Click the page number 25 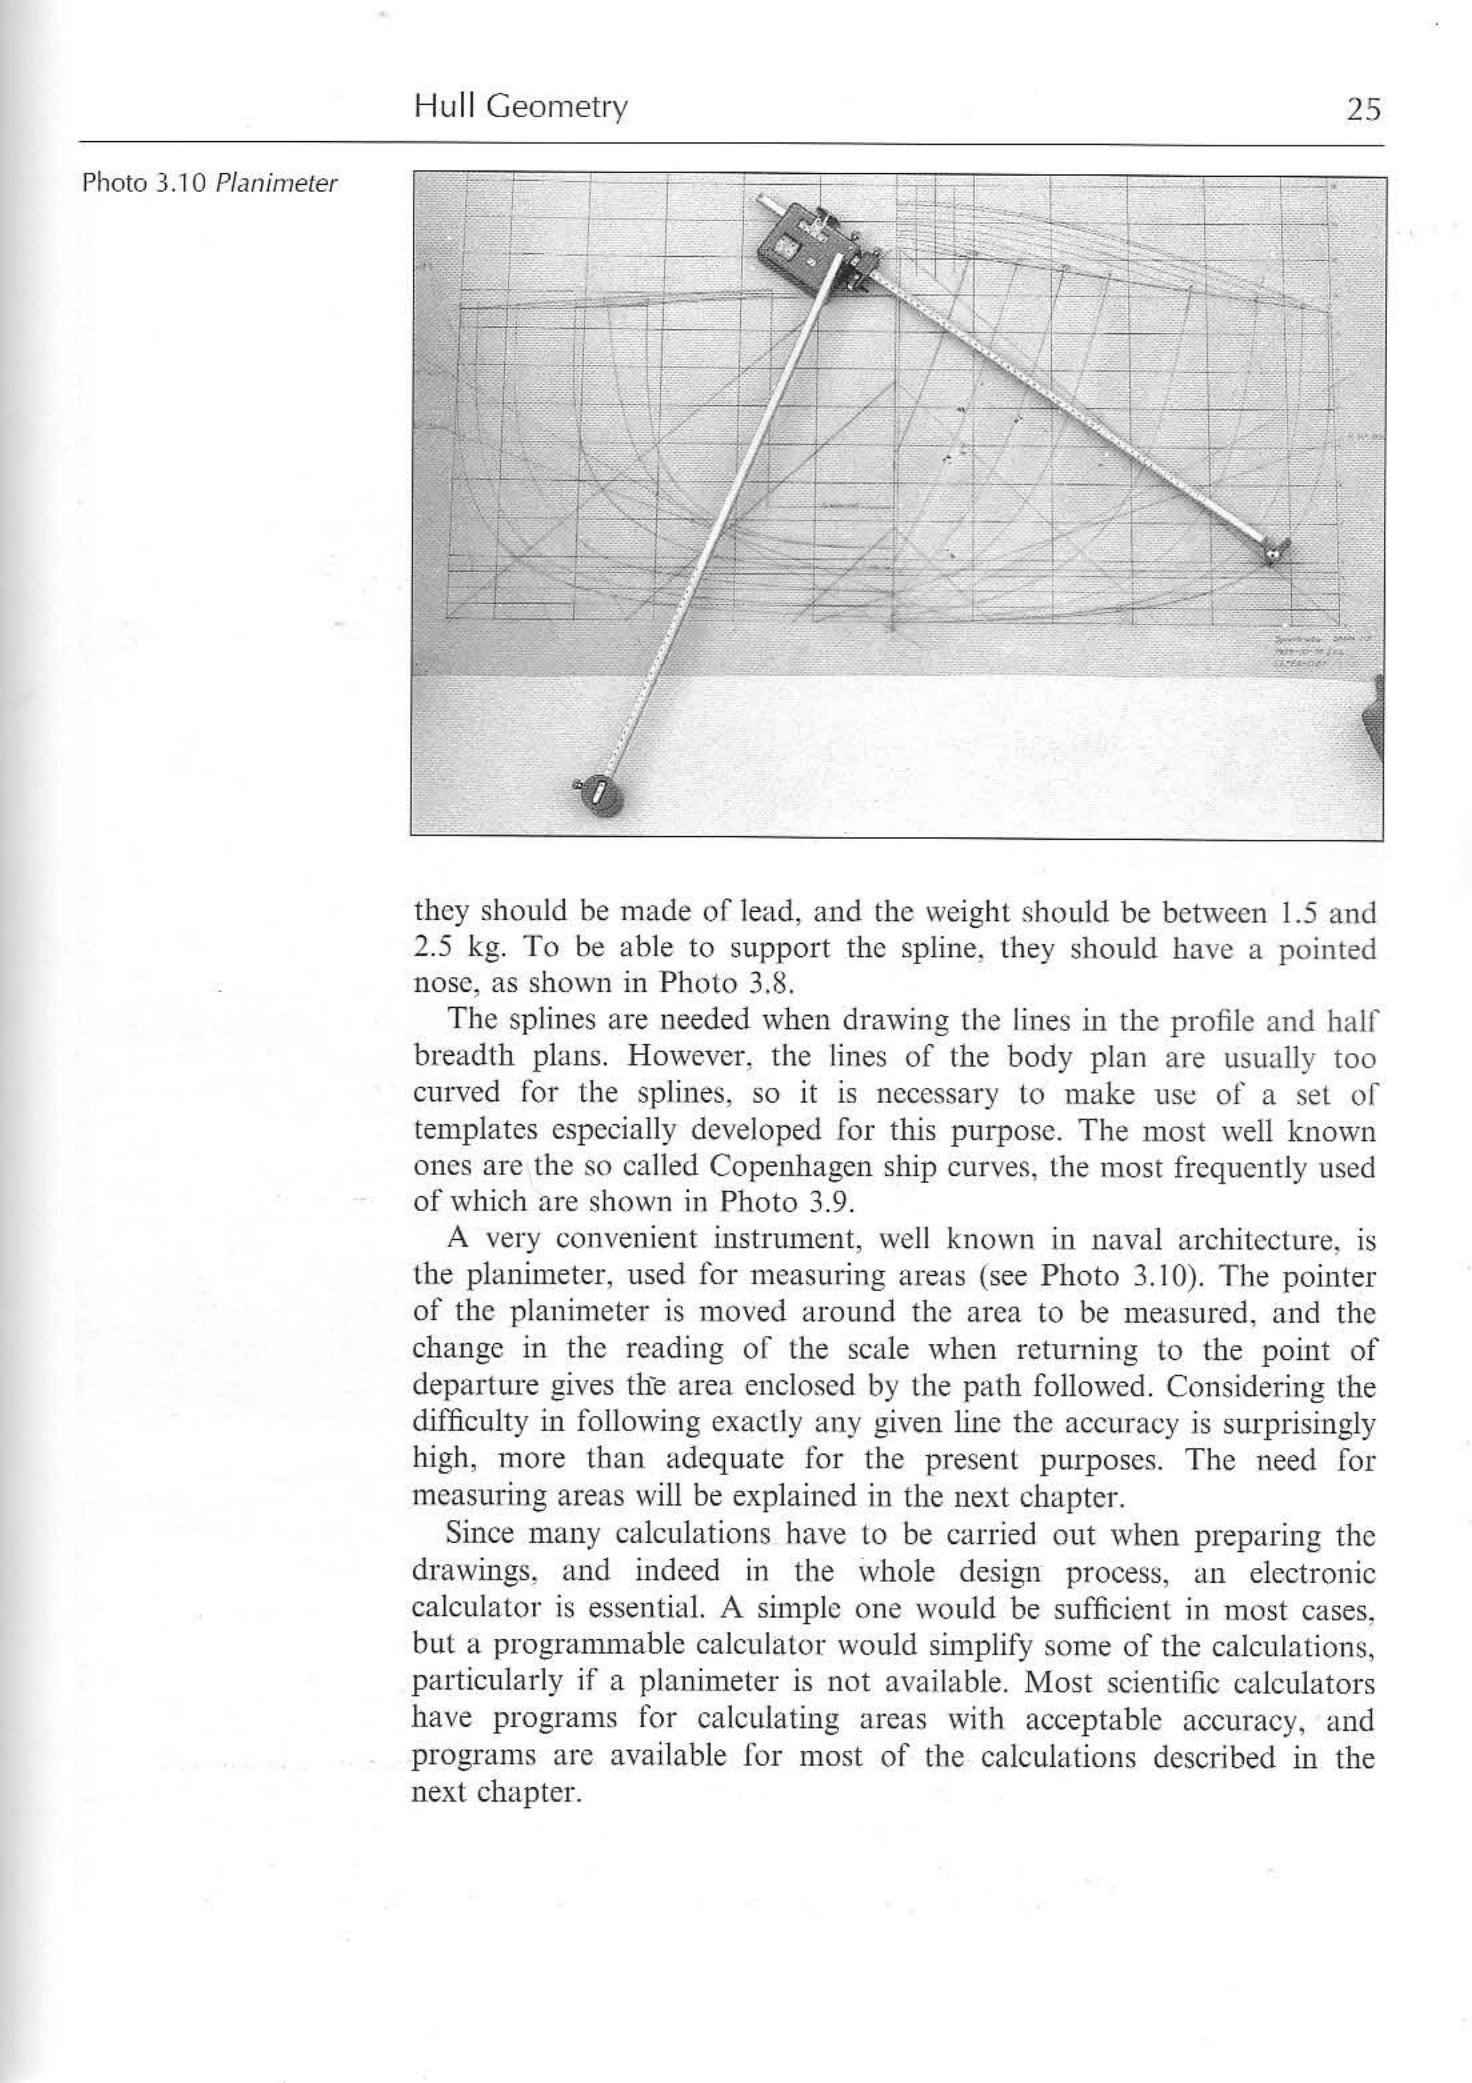[x=1363, y=110]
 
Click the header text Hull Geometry [x=521, y=108]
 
